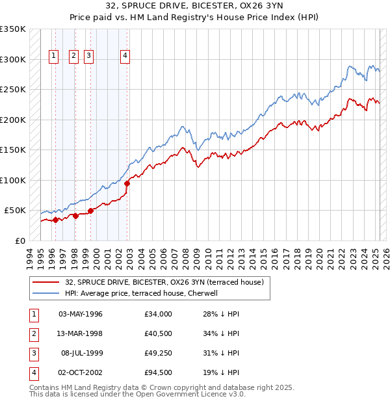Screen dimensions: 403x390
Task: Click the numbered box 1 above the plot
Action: point(53,56)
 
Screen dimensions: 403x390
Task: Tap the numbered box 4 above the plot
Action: point(124,56)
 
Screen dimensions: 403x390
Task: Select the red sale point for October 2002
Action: point(127,183)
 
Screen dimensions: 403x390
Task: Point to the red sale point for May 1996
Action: point(55,220)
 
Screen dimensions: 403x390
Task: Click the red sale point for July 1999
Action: point(91,211)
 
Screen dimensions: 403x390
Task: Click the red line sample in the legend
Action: point(45,283)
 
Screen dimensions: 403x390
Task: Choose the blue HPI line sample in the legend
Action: point(45,293)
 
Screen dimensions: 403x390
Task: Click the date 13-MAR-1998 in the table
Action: point(81,333)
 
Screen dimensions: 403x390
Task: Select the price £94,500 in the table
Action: point(159,372)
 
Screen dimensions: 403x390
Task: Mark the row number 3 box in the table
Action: point(32,353)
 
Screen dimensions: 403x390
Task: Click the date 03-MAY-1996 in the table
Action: point(81,314)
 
